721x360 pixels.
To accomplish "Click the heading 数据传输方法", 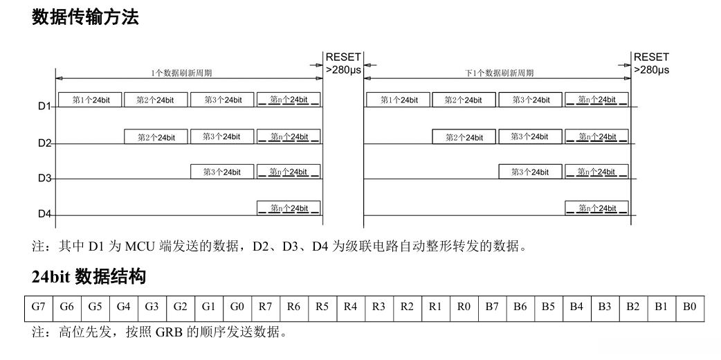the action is click(x=85, y=17).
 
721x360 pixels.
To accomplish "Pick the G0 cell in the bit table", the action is click(x=237, y=307).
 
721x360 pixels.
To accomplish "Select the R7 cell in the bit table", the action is click(x=265, y=307).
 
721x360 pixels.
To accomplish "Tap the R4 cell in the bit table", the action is click(x=350, y=307).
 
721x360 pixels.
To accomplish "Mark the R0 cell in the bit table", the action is click(x=464, y=307).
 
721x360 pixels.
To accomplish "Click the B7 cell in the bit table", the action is click(x=492, y=307).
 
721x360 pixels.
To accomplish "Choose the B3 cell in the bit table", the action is click(x=605, y=307).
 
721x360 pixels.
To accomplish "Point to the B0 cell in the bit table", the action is click(x=689, y=307).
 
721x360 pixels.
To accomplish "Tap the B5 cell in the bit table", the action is click(x=548, y=307).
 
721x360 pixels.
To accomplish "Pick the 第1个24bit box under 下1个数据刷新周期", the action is click(x=399, y=100).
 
